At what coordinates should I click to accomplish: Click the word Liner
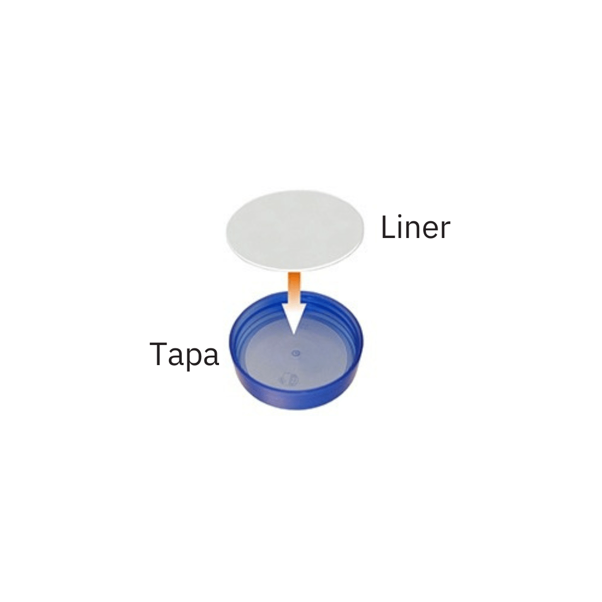coord(415,227)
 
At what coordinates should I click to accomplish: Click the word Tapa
coord(185,355)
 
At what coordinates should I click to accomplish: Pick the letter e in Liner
coord(431,231)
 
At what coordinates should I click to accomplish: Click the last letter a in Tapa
coord(211,357)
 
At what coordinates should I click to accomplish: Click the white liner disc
coord(295,230)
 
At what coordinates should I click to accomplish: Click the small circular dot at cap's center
coord(295,352)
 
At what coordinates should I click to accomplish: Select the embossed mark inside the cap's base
coord(289,380)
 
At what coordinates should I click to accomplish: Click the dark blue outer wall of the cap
coord(295,397)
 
